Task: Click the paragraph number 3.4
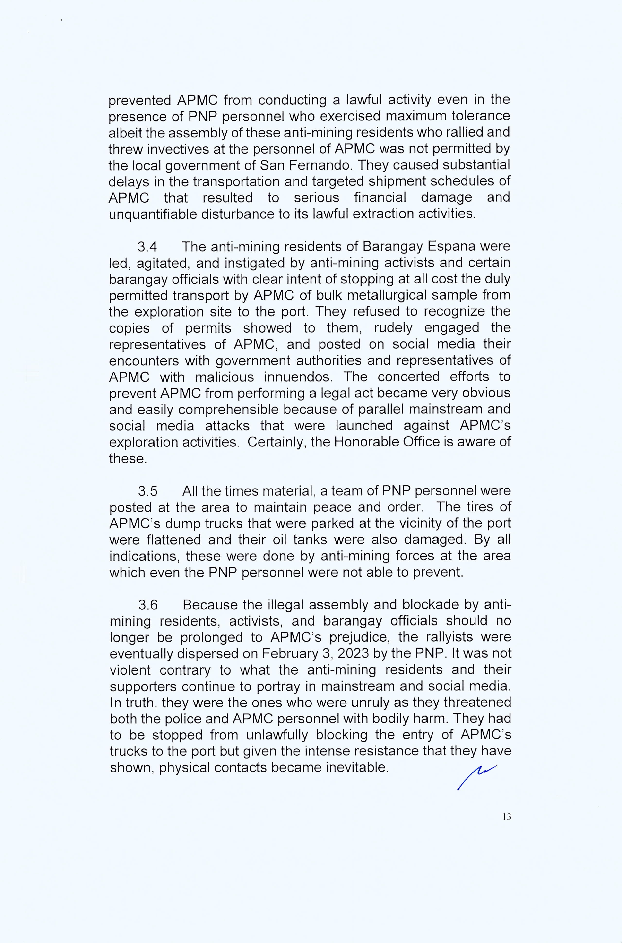tap(147, 247)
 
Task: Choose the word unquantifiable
tap(153, 214)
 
